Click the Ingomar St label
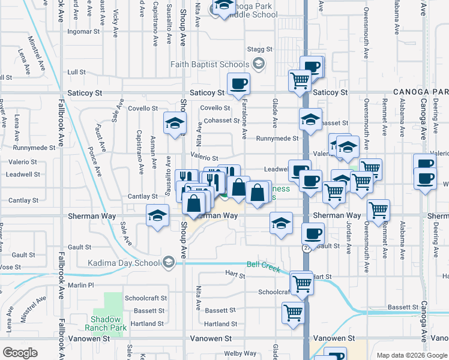[x=83, y=31]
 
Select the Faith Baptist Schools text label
[x=209, y=64]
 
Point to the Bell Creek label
[x=264, y=266]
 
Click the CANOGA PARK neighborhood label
[x=421, y=92]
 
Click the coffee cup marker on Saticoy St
[x=238, y=83]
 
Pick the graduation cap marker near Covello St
[x=173, y=124]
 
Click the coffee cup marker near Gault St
[x=313, y=233]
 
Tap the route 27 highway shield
[x=307, y=247]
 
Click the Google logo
[x=20, y=353]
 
